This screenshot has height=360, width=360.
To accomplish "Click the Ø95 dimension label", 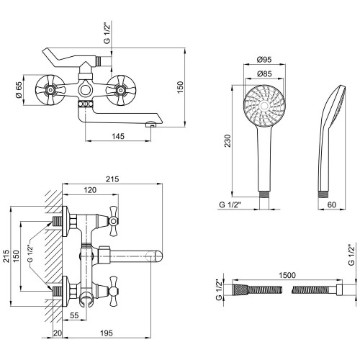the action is point(264,59).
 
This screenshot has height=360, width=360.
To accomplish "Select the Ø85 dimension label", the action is point(264,73).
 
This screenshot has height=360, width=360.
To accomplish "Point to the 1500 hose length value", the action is point(287,275).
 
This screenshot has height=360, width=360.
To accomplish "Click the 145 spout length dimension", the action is point(118,136).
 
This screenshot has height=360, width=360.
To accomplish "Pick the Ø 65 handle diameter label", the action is point(19,90).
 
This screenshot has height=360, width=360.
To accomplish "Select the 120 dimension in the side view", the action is point(90,190).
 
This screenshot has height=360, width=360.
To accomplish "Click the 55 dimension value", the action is point(74,315).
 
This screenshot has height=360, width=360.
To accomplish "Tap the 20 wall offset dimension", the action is point(58,333).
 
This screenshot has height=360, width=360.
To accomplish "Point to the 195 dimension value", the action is point(106,333).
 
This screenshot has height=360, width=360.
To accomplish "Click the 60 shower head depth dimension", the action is point(332,204).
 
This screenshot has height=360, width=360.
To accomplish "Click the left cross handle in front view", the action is point(50,90).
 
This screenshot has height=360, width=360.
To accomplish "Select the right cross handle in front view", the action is point(121,90).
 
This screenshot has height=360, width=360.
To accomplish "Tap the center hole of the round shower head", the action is point(264,106).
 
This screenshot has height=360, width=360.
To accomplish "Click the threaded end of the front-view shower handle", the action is point(264,194).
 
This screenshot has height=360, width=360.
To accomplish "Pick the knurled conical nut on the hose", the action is point(240,289).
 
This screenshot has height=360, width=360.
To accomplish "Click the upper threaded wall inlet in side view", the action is point(57,221).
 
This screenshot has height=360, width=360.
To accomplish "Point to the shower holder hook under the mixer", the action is point(86,300).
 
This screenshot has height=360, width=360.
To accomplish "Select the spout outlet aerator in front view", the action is point(151,125).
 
